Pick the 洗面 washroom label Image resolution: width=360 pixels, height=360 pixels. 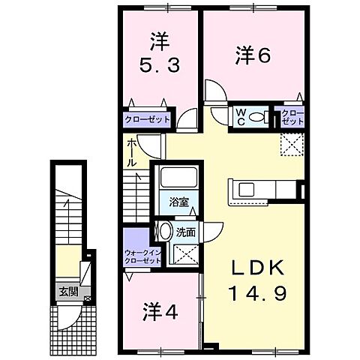click(186, 232)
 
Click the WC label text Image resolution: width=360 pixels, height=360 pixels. click(241, 117)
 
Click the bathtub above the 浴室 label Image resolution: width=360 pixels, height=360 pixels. click(178, 179)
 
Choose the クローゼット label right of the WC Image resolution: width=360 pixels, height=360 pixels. click(292, 117)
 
